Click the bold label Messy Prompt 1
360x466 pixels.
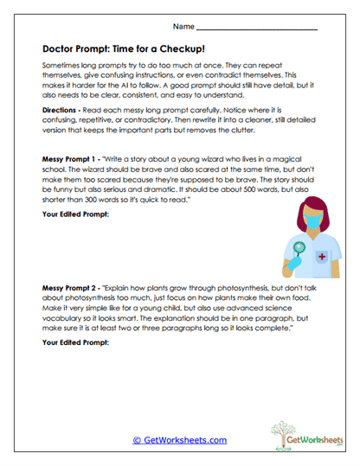73,161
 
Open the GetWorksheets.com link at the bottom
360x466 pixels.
179,440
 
